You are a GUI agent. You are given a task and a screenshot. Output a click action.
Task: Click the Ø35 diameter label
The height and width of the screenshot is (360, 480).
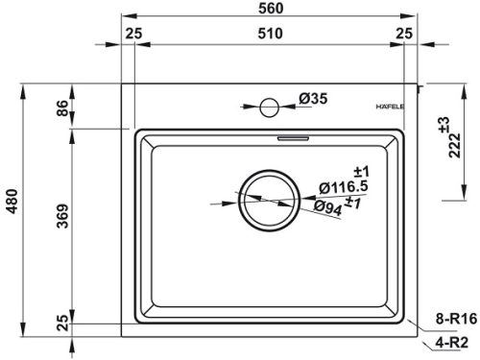click(314, 98)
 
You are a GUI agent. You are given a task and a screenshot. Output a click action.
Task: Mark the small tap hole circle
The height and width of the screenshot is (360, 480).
click(270, 106)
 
